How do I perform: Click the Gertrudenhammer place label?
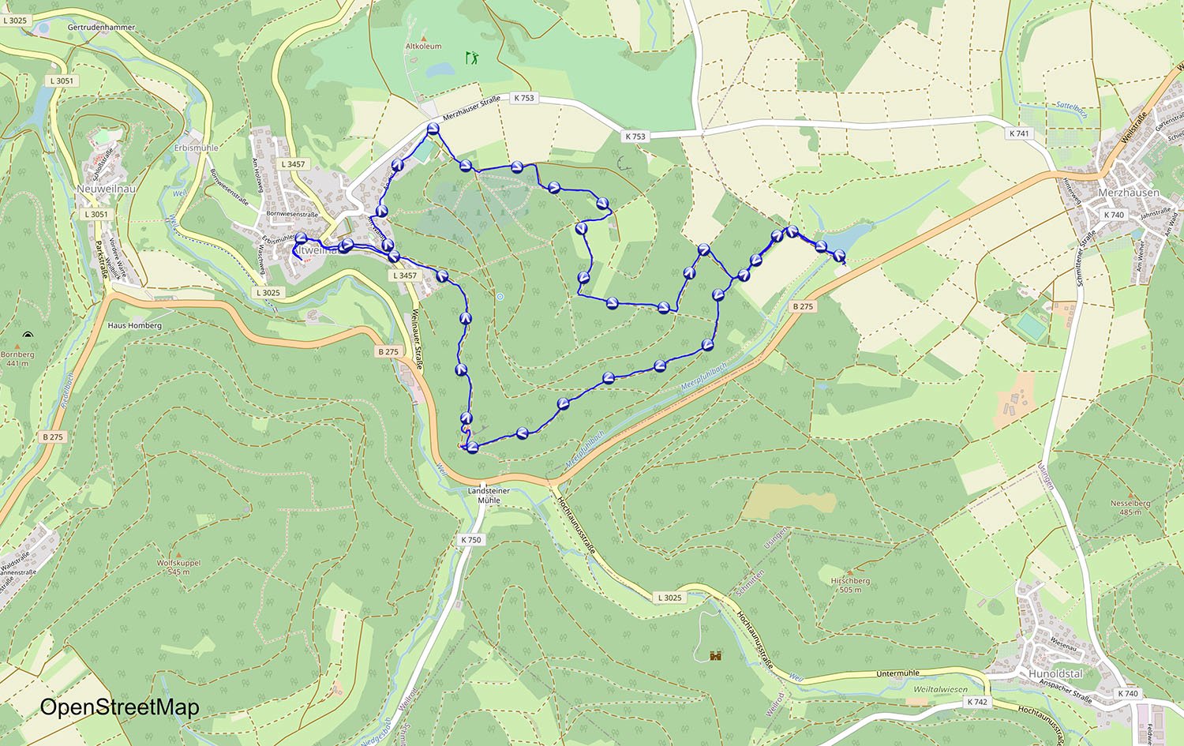[101, 28]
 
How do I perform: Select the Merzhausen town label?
[1129, 193]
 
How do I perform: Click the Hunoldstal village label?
[1055, 673]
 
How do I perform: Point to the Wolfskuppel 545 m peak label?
[178, 567]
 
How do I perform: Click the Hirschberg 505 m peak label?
[850, 584]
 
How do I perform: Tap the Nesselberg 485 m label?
[1130, 507]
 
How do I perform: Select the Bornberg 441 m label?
[17, 358]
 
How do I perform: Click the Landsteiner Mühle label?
[489, 495]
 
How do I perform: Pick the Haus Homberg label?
[134, 325]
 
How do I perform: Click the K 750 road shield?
[470, 540]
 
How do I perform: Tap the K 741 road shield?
[1019, 133]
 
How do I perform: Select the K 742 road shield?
[977, 701]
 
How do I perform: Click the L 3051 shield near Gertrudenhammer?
[62, 81]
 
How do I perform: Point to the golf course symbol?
[472, 58]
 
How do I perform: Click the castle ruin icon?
[716, 654]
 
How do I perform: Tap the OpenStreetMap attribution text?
[119, 707]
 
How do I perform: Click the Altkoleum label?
[423, 47]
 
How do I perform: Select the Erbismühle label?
[196, 148]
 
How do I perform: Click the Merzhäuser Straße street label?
[471, 109]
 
